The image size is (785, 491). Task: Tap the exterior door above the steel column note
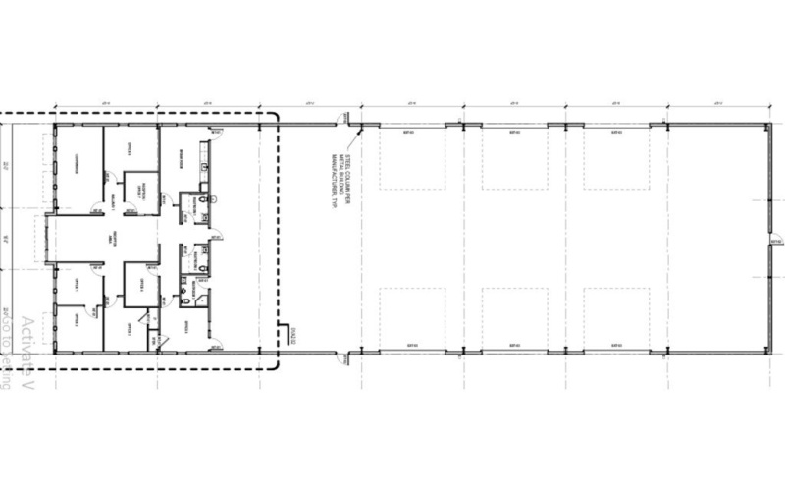tap(340, 119)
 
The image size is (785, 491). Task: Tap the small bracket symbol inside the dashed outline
tap(286, 334)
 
